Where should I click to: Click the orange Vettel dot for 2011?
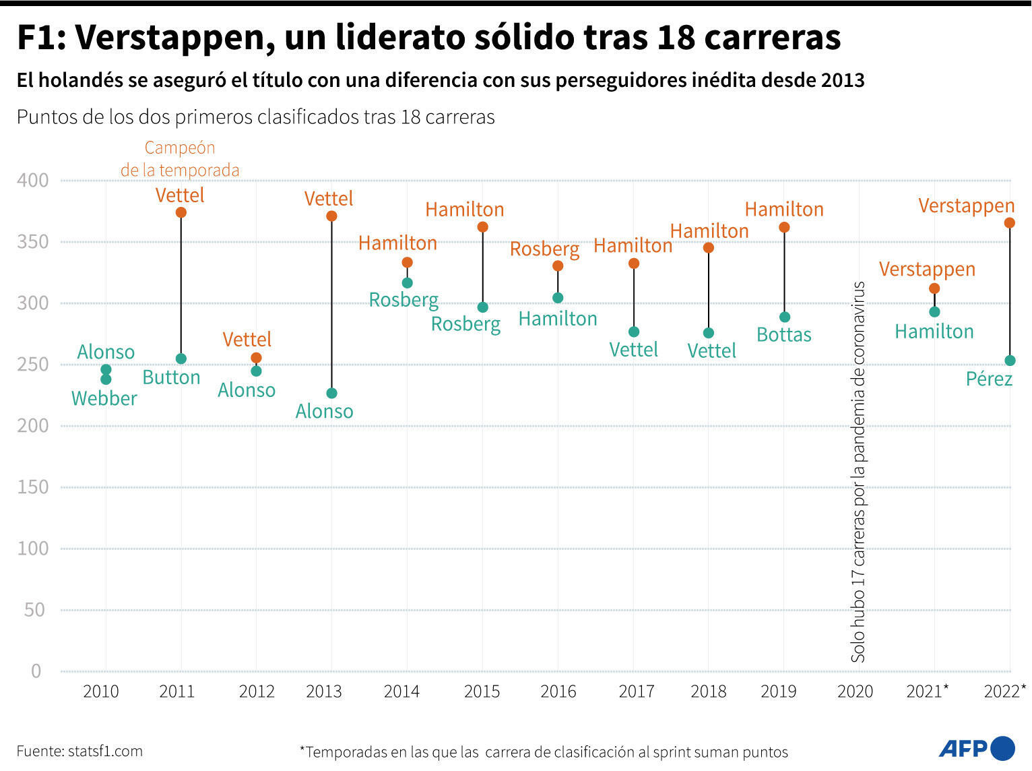click(181, 213)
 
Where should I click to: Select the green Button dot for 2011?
click(181, 359)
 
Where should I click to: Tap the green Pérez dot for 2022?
click(1009, 361)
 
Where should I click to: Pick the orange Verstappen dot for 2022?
click(1009, 223)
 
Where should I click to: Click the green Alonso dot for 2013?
click(331, 393)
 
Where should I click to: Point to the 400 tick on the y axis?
click(33, 181)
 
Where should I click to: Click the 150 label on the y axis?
click(33, 487)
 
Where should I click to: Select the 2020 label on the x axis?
click(855, 691)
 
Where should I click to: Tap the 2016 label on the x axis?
click(558, 691)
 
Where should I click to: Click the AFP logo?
click(976, 748)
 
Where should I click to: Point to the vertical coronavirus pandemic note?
click(858, 472)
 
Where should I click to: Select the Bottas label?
click(784, 335)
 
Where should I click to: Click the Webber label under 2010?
click(104, 399)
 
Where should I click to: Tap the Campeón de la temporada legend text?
click(180, 159)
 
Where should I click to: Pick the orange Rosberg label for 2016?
click(544, 249)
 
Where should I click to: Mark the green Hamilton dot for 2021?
click(934, 312)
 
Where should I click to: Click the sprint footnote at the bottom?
click(544, 752)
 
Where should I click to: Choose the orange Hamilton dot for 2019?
click(784, 228)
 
